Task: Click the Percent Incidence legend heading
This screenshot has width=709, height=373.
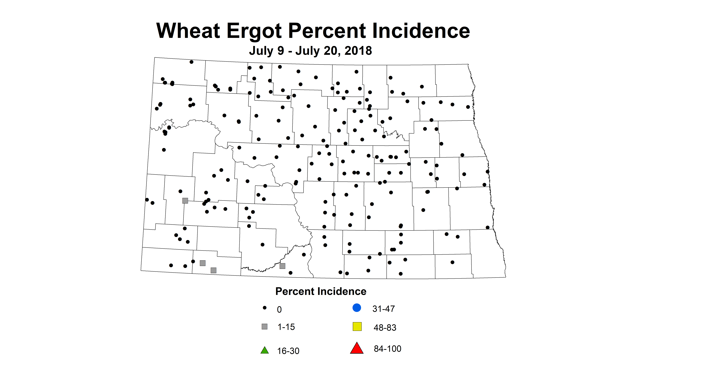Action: (x=321, y=291)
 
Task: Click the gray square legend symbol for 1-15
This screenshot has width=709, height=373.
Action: (x=264, y=327)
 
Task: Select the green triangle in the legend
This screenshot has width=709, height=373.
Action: (x=264, y=350)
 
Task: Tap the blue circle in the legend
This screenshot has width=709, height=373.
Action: (x=357, y=308)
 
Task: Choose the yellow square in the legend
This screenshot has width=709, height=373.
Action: (x=357, y=327)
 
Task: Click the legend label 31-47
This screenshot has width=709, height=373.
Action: (x=383, y=309)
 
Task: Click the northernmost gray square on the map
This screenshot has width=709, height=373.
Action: (x=185, y=201)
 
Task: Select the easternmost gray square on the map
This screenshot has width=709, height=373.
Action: (x=282, y=266)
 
